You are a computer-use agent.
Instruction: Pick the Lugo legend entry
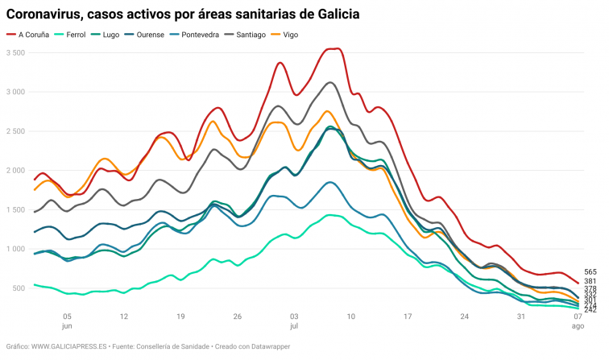[x=111, y=35]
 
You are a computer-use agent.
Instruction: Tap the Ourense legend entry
[x=150, y=35]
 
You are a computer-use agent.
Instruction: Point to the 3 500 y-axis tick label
[x=16, y=53]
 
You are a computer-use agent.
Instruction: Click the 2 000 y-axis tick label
[x=16, y=171]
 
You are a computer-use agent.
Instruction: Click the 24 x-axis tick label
[x=464, y=317]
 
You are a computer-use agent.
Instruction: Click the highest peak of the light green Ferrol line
[x=329, y=215]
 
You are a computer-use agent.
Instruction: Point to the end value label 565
[x=590, y=273]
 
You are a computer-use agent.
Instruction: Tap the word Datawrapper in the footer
[x=267, y=346]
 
